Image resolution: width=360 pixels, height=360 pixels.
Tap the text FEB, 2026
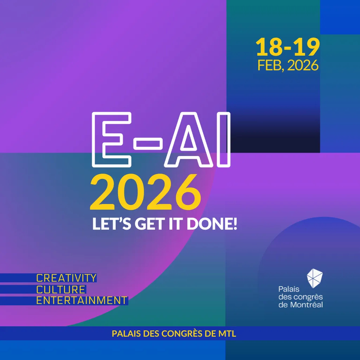pyautogui.click(x=288, y=65)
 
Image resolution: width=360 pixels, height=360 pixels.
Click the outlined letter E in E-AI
pyautogui.click(x=111, y=140)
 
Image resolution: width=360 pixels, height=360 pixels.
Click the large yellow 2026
pyautogui.click(x=146, y=192)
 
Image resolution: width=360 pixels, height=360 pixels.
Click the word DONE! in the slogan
pyautogui.click(x=212, y=224)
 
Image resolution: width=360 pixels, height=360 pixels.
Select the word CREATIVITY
pyautogui.click(x=66, y=278)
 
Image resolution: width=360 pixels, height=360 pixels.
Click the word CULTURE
pyautogui.click(x=61, y=290)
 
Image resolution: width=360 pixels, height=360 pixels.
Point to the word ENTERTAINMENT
pyautogui.click(x=82, y=301)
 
